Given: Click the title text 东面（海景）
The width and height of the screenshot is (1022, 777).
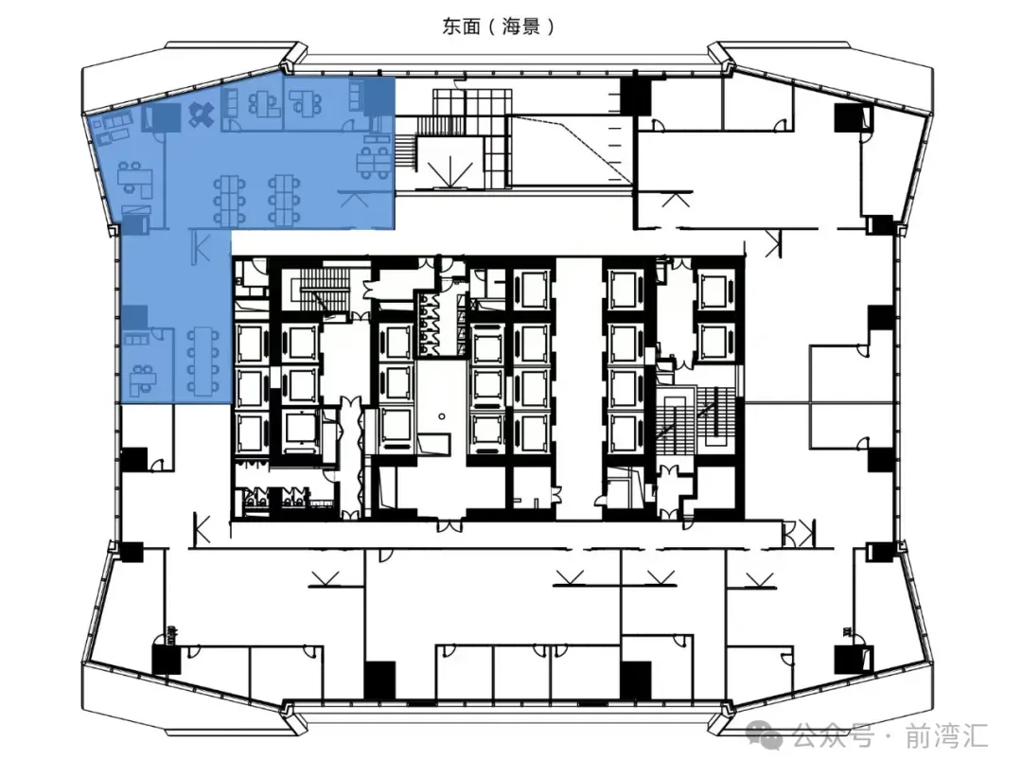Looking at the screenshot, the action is pos(499,26).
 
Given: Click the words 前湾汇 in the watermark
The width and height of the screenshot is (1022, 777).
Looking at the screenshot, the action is pos(946,736).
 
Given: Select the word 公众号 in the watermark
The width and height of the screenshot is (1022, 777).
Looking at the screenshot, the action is pos(833,736).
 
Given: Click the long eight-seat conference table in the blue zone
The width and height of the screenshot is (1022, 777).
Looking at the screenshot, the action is pos(203,362).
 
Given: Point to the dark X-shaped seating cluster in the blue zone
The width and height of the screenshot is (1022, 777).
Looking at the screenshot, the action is pos(201,115).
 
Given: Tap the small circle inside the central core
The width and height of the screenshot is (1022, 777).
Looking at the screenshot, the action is pos(442,415).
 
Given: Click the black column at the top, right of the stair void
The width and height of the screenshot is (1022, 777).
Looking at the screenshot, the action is pos(635,96).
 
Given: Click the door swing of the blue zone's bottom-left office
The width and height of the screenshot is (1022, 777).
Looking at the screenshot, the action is pos(156,334).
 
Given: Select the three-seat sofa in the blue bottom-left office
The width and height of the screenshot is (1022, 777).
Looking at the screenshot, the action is pos(137,339).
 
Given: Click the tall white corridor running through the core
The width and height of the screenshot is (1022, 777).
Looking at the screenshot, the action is pos(579,388).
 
